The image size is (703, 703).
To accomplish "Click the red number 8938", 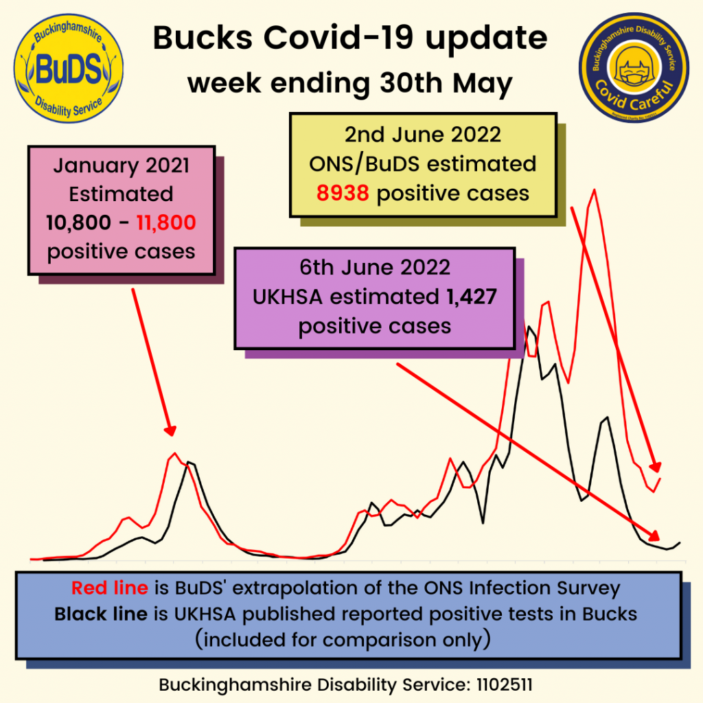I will tap(343, 193).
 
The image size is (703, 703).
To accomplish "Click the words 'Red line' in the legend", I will tap(110, 588).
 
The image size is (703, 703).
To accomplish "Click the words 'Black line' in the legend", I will tap(101, 614).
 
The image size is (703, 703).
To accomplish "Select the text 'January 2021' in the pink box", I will tap(121, 166).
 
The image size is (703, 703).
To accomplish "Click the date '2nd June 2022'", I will tap(422, 135).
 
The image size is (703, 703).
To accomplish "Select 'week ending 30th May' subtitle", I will tap(350, 84).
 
